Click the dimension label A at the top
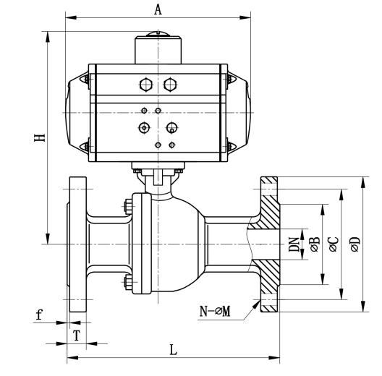pos(158,9)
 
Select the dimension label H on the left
pos(40,138)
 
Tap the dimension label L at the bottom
pos(173,350)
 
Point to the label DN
pos(294,244)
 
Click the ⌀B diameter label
pos(314,244)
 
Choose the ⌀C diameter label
pos(334,244)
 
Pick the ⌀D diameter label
pos(355,244)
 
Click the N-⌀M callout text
pos(215,311)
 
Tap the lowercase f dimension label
pos(39,314)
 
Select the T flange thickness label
pos(77,336)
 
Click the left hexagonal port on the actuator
pos(146,85)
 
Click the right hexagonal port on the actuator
pos(170,85)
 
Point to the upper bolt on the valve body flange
pos(128,206)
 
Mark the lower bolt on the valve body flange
pos(128,282)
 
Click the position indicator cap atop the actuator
pos(158,34)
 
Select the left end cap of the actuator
pos(77,113)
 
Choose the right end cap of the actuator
pos(239,113)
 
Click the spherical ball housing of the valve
pos(175,244)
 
